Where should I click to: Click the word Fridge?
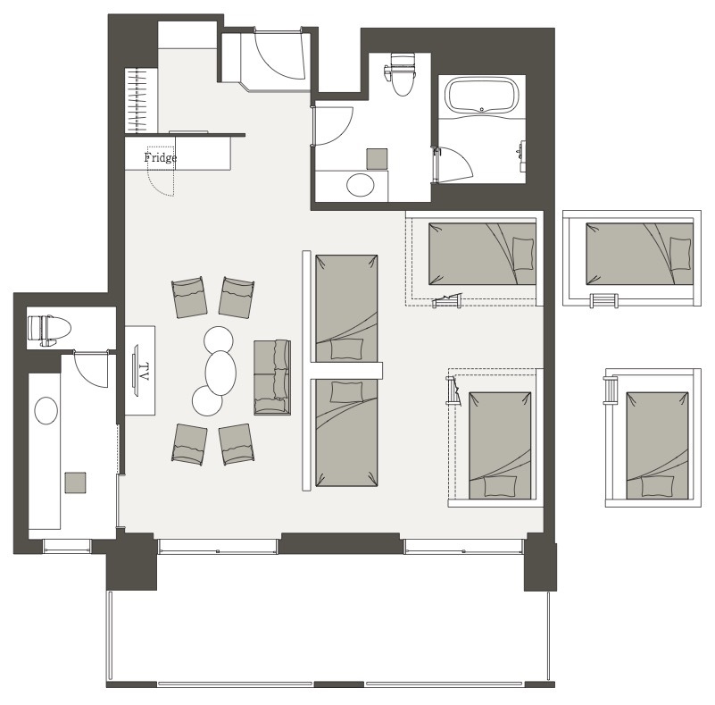[160, 158]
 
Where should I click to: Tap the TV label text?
[144, 372]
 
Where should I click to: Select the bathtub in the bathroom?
[481, 95]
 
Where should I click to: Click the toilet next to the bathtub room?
[402, 74]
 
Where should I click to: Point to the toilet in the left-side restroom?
[49, 330]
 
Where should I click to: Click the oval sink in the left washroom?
[46, 410]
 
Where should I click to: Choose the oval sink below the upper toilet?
[361, 185]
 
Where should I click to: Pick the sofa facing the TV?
[272, 377]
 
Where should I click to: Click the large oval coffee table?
[220, 373]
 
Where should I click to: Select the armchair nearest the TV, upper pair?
[189, 297]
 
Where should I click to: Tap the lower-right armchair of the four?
[237, 443]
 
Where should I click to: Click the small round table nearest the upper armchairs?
[219, 340]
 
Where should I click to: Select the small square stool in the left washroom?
[75, 483]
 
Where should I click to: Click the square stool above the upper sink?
[377, 159]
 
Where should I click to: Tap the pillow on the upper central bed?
[347, 348]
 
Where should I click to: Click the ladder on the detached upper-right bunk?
[603, 300]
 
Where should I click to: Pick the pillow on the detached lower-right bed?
[658, 486]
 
